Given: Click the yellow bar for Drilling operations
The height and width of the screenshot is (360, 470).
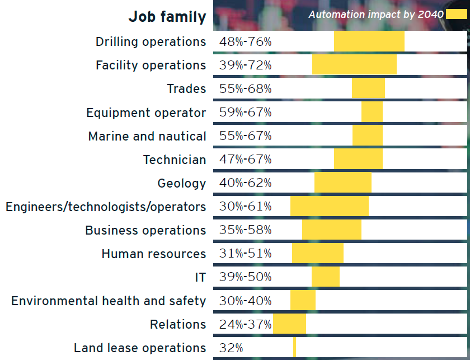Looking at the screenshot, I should [369, 41].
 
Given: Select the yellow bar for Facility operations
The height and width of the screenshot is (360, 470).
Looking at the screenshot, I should [354, 65].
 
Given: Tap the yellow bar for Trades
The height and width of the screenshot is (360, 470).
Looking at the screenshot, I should [368, 88].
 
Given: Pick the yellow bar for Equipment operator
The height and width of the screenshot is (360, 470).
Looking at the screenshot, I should [372, 112].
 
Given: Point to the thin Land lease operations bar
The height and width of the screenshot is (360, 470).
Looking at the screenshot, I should [294, 348].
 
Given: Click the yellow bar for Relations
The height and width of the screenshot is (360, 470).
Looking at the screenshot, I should [289, 324].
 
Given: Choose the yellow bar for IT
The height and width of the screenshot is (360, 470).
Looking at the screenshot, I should [326, 277].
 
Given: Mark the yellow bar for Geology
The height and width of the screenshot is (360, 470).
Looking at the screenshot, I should [343, 183].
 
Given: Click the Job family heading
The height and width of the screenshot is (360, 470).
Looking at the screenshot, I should [167, 17].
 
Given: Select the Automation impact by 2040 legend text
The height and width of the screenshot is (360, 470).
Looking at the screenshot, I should [376, 14].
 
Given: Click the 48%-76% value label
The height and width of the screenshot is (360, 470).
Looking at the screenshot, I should [246, 42].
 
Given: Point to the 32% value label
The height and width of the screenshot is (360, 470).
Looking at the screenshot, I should [231, 348].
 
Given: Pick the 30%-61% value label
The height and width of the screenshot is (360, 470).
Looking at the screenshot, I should [246, 207].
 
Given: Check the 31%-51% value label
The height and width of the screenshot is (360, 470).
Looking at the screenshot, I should [246, 254].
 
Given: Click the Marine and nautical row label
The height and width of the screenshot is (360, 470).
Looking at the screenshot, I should [147, 136].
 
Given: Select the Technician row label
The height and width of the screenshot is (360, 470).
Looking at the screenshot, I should [175, 160].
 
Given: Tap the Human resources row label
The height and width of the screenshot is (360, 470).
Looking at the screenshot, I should [154, 254].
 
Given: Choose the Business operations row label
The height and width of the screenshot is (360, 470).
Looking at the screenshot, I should [145, 230].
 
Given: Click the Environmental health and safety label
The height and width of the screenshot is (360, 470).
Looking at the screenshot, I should [109, 301].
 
